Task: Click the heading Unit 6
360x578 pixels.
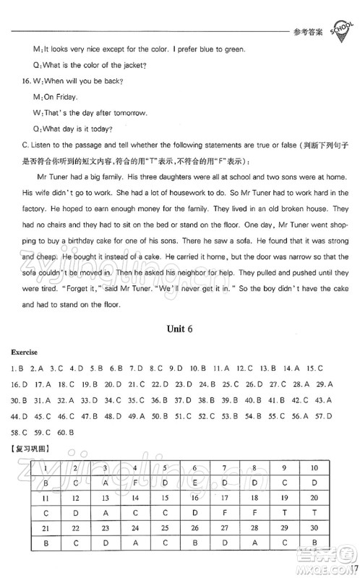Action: pyautogui.click(x=180, y=328)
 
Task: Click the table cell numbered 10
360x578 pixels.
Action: pyautogui.click(x=315, y=467)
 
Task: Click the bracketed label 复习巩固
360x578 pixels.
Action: pyautogui.click(x=27, y=449)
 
